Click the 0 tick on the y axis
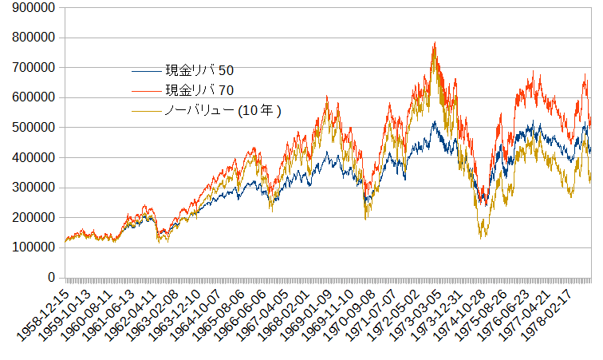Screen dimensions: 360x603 click(50, 278)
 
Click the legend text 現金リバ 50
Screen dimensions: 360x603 click(199, 70)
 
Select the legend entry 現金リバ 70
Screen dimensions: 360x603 click(199, 89)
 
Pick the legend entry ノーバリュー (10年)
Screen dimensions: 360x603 click(223, 109)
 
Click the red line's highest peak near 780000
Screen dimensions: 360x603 click(434, 43)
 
